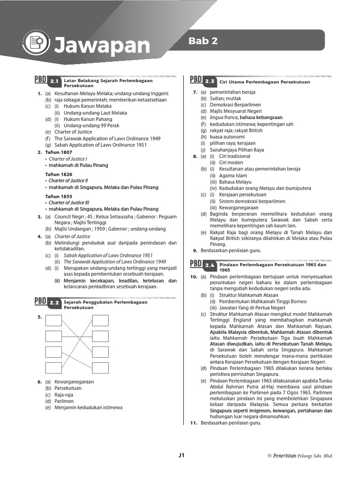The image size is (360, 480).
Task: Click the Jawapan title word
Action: point(102,46)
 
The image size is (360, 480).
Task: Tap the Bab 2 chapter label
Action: point(203,41)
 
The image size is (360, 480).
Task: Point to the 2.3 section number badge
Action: point(209,82)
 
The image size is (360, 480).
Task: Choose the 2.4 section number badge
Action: point(209,265)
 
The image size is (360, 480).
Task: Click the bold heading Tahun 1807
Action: point(59,152)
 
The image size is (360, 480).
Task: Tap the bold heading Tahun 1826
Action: point(59,174)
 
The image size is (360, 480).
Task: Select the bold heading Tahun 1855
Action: point(59,196)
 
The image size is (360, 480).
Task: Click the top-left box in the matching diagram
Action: point(53,321)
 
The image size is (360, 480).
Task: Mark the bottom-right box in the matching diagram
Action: point(100,367)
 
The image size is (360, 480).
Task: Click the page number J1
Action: point(182,455)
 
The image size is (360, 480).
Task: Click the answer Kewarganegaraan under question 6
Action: point(74,382)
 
